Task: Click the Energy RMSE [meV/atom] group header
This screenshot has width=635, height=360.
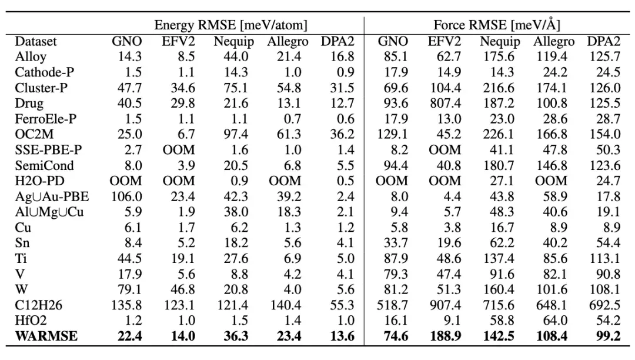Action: [x=230, y=25]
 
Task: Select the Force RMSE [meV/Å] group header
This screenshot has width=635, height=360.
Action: [x=497, y=25]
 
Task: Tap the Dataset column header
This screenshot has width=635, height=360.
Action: [x=36, y=42]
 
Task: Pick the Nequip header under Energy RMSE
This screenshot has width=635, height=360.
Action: [x=231, y=42]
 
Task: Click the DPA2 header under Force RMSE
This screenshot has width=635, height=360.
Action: [x=604, y=42]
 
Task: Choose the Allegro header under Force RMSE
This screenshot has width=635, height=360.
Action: [x=554, y=42]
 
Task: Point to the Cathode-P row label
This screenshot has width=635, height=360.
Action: [x=45, y=72]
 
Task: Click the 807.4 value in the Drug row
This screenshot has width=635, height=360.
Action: [x=444, y=104]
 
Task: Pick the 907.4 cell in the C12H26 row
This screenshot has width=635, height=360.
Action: [x=444, y=305]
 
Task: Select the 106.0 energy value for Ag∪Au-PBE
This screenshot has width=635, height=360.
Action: [x=127, y=196]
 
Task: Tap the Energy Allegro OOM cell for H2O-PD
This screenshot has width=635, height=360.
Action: [x=284, y=181]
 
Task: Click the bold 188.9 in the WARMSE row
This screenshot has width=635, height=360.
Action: [x=444, y=335]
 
